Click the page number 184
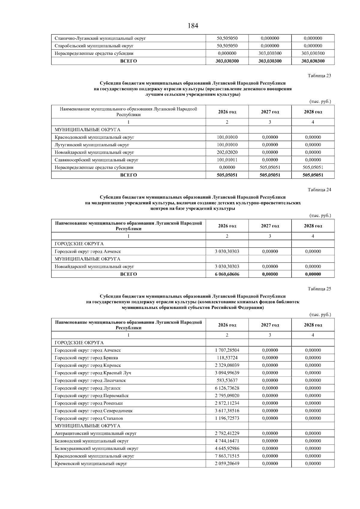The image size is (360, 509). [193, 26]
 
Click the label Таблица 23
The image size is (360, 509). [319, 76]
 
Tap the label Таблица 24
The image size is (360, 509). [319, 190]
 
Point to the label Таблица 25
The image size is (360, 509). [319, 289]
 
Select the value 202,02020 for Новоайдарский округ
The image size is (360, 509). [227, 152]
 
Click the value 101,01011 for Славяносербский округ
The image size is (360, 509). [227, 160]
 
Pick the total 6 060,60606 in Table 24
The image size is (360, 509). [227, 274]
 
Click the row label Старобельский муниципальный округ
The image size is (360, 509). [94, 46]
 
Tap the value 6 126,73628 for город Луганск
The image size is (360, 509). [227, 388]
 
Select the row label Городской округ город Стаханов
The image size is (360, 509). [88, 418]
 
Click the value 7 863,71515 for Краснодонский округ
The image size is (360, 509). [227, 456]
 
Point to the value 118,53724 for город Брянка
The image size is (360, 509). [227, 358]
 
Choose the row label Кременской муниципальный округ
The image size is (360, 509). [91, 463]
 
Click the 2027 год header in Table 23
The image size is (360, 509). [270, 112]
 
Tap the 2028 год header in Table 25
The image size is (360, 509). [313, 325]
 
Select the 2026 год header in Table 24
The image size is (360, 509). [227, 226]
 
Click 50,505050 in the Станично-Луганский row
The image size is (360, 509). [227, 38]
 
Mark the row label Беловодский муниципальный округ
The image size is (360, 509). [91, 441]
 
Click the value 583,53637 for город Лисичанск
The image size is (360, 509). [227, 381]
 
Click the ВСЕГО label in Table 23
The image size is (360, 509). [128, 175]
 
